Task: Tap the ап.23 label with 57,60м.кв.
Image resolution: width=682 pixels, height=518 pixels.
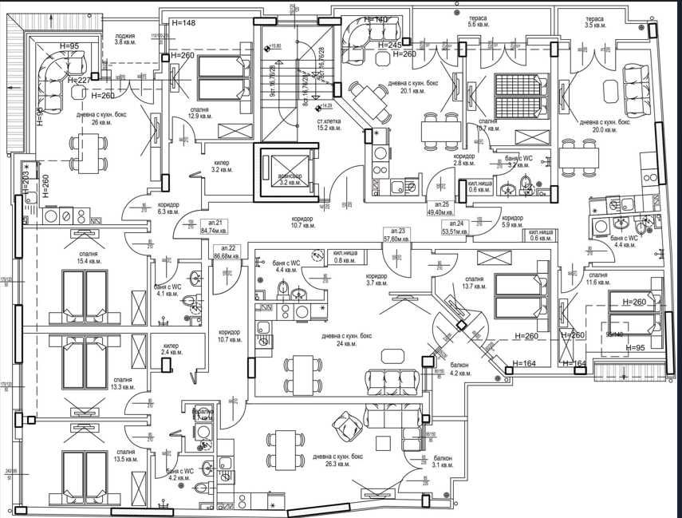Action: [x=396, y=234]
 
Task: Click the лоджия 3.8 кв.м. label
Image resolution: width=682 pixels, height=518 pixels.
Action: [x=124, y=39]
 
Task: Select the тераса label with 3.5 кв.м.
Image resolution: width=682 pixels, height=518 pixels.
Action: [x=594, y=22]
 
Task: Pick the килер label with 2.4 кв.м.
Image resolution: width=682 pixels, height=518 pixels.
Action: [x=171, y=349]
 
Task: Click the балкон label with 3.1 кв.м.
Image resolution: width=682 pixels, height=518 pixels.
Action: [x=443, y=461]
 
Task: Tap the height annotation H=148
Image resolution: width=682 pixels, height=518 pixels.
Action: [x=183, y=23]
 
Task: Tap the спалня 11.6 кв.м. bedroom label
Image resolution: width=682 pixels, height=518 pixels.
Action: [x=597, y=279]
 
